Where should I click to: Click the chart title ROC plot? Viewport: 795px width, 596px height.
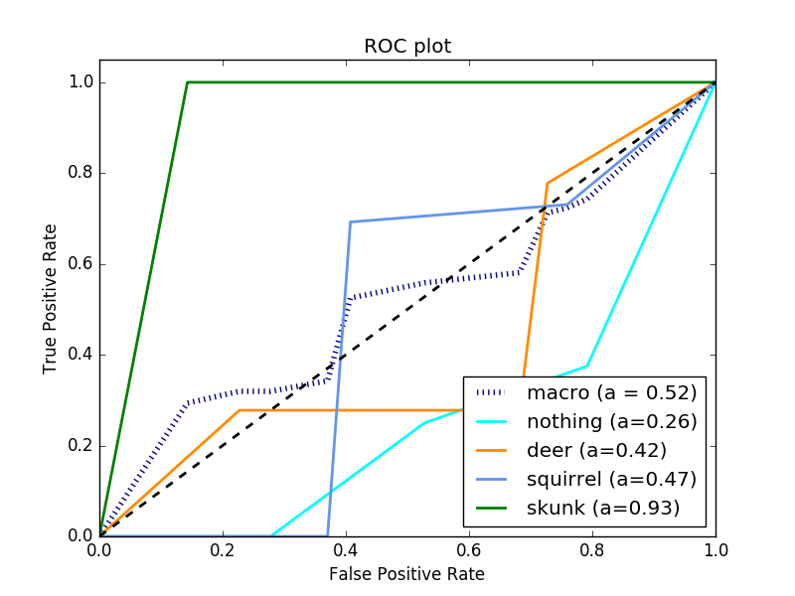coord(407,47)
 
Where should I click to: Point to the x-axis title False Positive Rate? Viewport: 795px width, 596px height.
coord(407,574)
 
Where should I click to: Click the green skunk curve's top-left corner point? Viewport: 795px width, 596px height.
coord(187,81)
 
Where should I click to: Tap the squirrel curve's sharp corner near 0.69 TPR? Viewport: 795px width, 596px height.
coord(351,222)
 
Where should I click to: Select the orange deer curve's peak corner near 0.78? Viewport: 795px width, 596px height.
coord(548,183)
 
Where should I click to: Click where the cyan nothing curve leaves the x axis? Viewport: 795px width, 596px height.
coord(271,535)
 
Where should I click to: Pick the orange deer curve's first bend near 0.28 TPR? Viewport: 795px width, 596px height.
coord(239,410)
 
